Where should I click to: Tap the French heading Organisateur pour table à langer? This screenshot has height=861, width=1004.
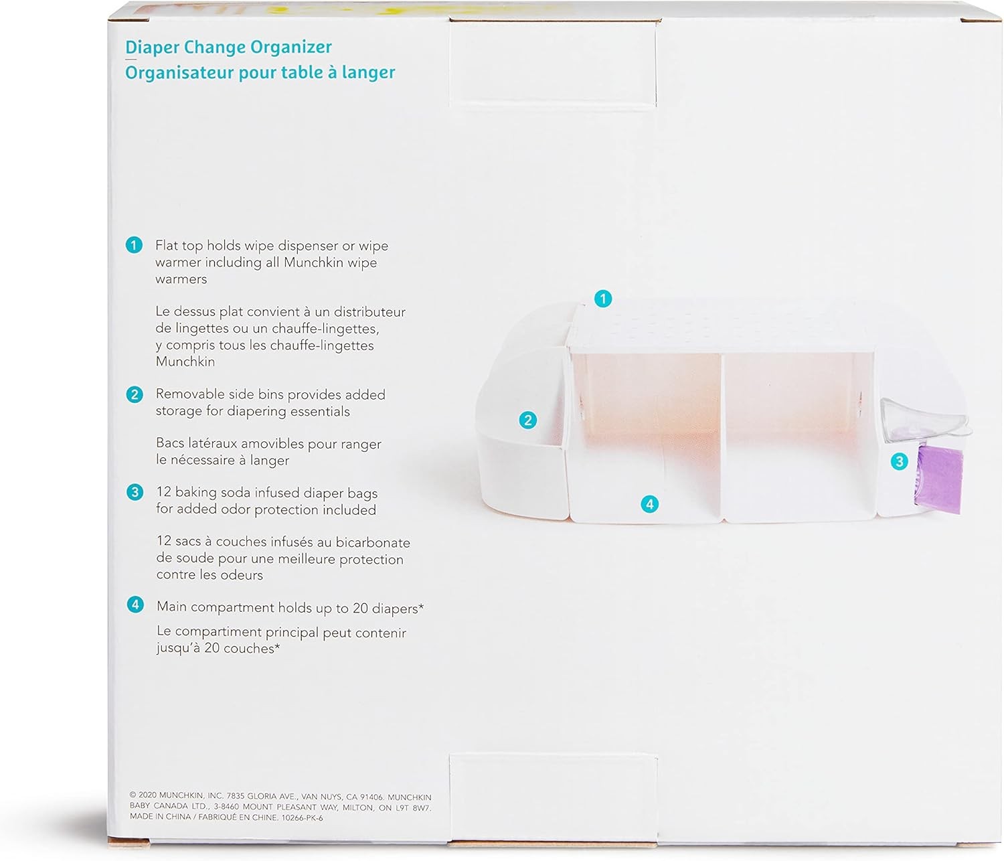[x=260, y=73]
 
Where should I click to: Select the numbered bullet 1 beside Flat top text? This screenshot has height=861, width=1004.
[x=134, y=245]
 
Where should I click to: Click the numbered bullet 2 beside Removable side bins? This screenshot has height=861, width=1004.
[x=135, y=394]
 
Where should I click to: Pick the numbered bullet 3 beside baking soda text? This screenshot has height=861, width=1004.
[x=135, y=492]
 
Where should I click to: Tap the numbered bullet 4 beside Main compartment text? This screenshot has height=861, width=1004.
[x=135, y=605]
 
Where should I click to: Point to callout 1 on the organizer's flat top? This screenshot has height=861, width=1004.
[x=603, y=299]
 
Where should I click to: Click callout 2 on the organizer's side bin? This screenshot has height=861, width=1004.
[x=528, y=420]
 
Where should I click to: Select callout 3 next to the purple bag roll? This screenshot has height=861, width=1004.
[x=899, y=461]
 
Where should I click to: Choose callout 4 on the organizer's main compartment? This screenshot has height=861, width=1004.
[x=649, y=504]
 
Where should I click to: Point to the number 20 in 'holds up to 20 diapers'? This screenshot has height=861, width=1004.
[x=360, y=608]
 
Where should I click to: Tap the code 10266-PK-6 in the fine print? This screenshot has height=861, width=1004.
[x=302, y=817]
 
